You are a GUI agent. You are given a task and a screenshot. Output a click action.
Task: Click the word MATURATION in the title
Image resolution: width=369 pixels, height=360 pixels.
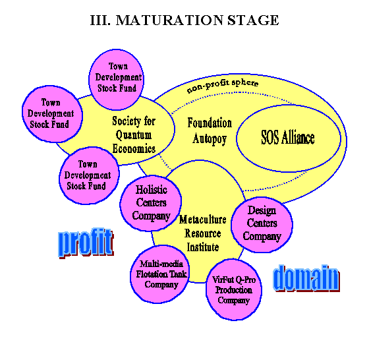(169, 20)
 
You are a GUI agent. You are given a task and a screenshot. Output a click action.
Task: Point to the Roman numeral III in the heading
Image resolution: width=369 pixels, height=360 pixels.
(100, 20)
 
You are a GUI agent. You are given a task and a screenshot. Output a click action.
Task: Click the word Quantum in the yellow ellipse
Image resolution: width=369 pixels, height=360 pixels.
(134, 135)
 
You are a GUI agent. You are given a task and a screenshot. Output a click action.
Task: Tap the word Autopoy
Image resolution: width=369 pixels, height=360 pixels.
(210, 139)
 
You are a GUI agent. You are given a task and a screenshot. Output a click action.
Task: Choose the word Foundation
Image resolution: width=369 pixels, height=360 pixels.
(210, 123)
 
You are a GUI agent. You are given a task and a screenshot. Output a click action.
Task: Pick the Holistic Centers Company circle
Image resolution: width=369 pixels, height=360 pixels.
(151, 203)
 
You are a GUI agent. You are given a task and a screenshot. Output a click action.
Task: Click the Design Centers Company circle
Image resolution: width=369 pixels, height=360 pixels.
(262, 225)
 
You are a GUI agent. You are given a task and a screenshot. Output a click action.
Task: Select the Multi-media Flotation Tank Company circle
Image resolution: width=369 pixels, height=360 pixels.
(160, 274)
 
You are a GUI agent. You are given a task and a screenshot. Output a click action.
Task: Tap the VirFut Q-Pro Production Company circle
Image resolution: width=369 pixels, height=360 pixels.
(234, 289)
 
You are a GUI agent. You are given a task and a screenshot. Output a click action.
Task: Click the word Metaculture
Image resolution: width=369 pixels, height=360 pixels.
(203, 220)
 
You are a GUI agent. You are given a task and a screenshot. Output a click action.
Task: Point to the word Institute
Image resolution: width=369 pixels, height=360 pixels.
(203, 247)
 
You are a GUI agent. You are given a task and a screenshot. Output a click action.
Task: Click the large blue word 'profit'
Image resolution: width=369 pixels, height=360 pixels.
(86, 243)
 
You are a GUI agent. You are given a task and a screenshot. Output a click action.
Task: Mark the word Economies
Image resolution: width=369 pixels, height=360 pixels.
(134, 148)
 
